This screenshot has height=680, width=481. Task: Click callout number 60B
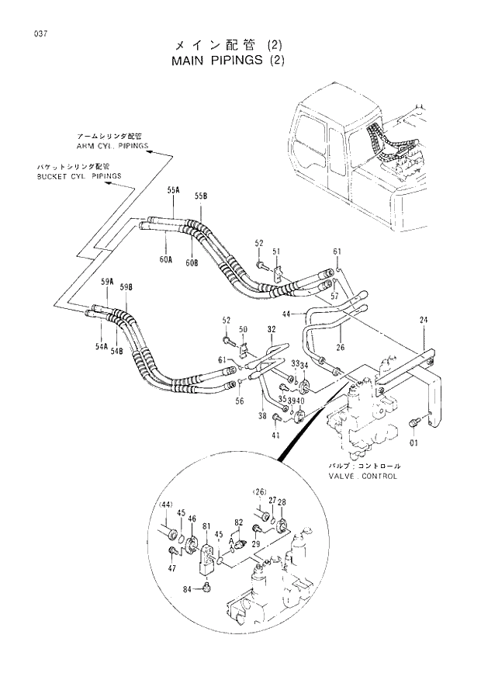tap(192, 263)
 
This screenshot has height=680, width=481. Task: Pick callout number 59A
tap(106, 281)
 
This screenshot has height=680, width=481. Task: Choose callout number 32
tap(271, 329)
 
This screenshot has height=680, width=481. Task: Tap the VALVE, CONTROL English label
tap(362, 476)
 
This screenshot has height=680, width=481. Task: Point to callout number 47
tap(171, 569)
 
